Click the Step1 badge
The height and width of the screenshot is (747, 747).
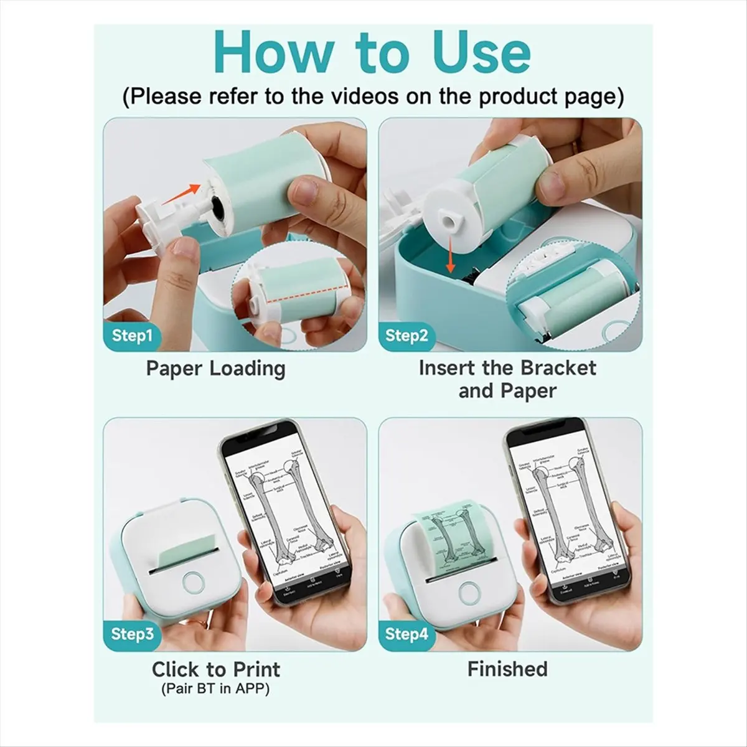pos(132,336)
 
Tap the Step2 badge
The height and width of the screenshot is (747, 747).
pos(406,336)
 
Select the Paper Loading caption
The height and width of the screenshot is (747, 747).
pos(215,368)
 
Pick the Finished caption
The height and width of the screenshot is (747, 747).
pos(507,669)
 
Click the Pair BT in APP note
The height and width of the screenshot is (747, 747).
pos(215,690)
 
